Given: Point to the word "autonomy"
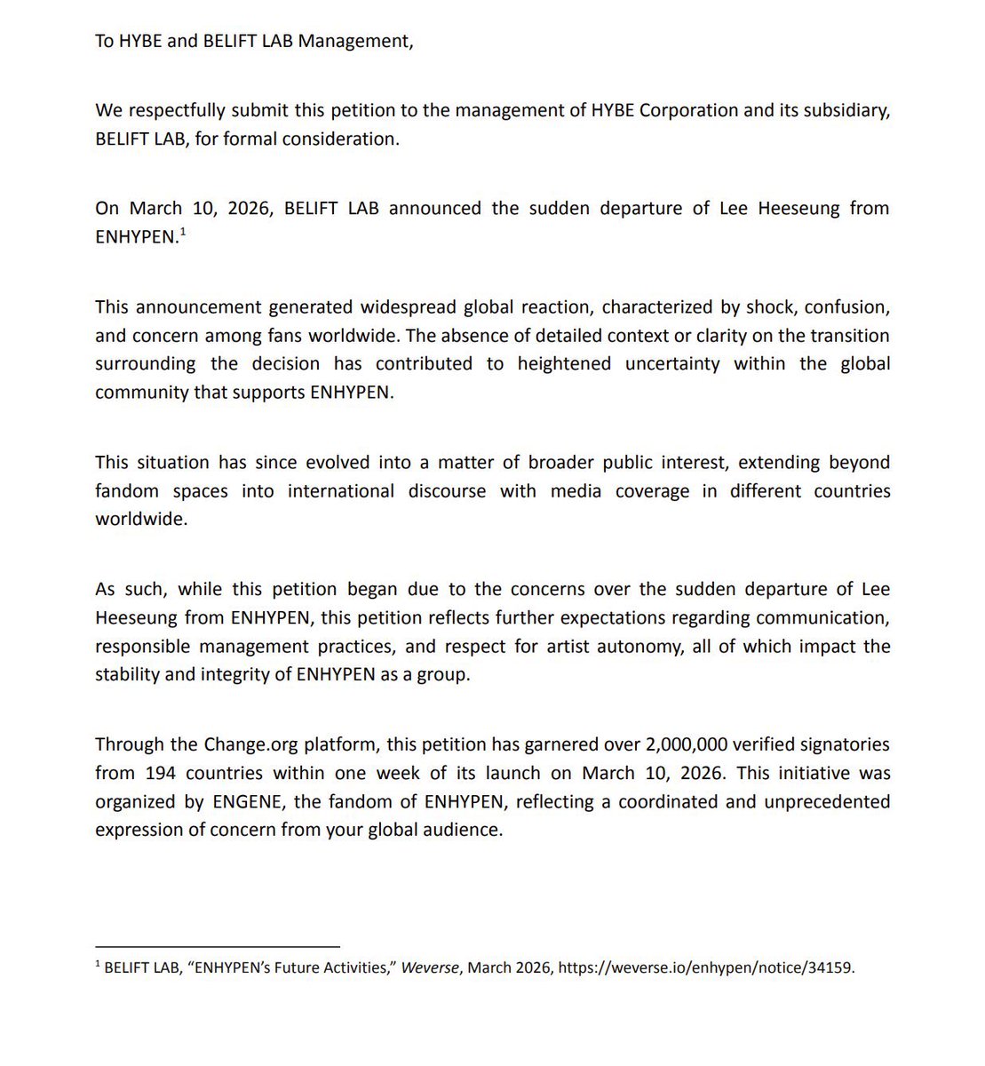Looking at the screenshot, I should pyautogui.click(x=643, y=647).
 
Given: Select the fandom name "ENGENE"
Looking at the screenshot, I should pyautogui.click(x=246, y=801).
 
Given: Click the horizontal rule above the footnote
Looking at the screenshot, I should pyautogui.click(x=218, y=947).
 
